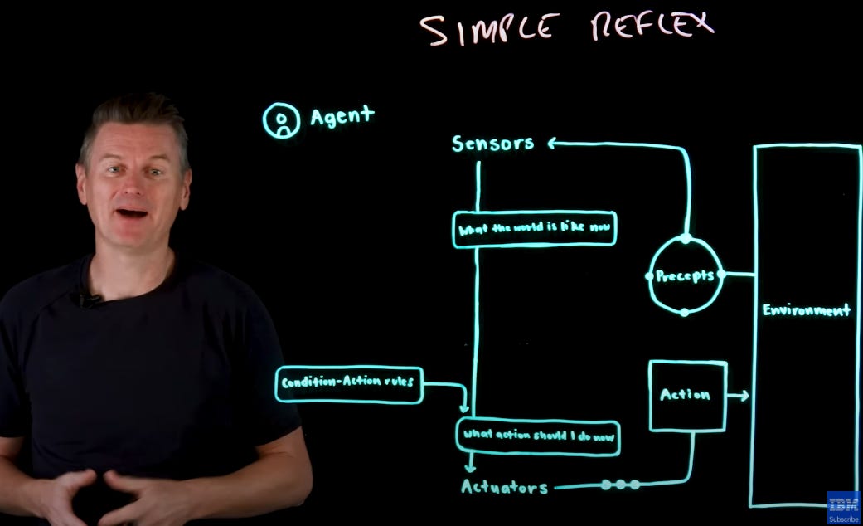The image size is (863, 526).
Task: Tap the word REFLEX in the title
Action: click(652, 25)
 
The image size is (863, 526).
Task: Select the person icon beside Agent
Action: click(281, 120)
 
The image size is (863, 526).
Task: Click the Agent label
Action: click(342, 116)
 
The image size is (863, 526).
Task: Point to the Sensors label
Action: click(492, 144)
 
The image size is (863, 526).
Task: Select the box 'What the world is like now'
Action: click(535, 229)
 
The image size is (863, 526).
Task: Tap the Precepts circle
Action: click(685, 276)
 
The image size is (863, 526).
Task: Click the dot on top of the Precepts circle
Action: click(686, 239)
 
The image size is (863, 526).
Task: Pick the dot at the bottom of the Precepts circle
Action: click(684, 313)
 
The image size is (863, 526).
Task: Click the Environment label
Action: click(806, 311)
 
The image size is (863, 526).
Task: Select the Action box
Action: click(686, 396)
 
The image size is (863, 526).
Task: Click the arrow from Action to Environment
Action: click(739, 396)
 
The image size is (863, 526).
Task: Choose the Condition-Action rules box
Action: click(348, 384)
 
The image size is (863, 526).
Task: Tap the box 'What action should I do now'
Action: click(538, 435)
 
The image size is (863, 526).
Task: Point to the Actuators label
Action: click(504, 487)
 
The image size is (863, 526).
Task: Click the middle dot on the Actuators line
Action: click(620, 485)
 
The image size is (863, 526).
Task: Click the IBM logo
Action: click(843, 504)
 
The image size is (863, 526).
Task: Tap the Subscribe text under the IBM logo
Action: click(843, 519)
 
